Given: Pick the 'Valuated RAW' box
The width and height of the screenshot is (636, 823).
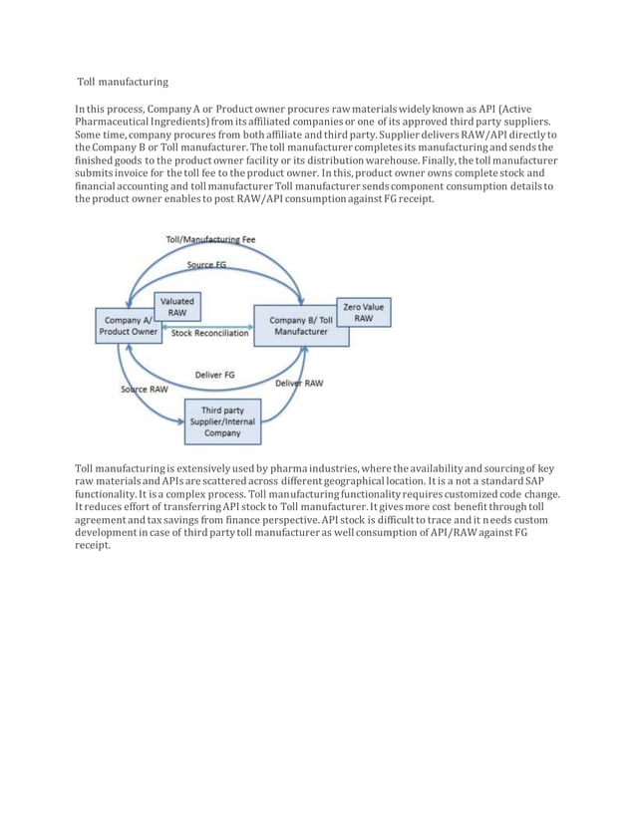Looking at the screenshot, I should click(177, 306).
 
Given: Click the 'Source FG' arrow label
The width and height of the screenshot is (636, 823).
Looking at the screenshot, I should click(207, 264).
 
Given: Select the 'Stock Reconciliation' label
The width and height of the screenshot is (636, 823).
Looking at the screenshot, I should click(209, 334).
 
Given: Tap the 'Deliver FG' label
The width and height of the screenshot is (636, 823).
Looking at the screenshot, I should click(214, 375).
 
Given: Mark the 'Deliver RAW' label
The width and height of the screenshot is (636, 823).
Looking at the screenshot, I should click(298, 383).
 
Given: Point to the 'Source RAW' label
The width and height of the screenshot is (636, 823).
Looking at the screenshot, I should click(145, 389).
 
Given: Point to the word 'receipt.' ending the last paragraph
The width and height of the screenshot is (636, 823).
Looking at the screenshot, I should click(96, 546).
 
